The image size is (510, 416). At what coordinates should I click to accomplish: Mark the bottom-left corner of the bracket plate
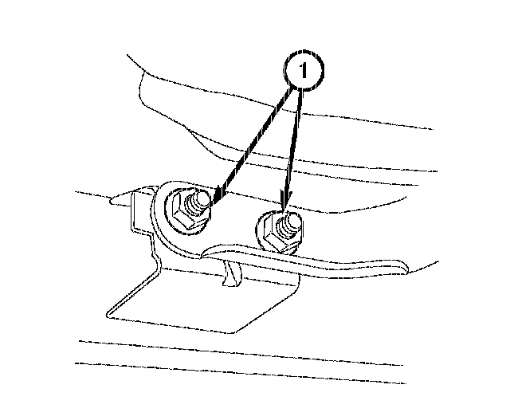pyautogui.click(x=108, y=316)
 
